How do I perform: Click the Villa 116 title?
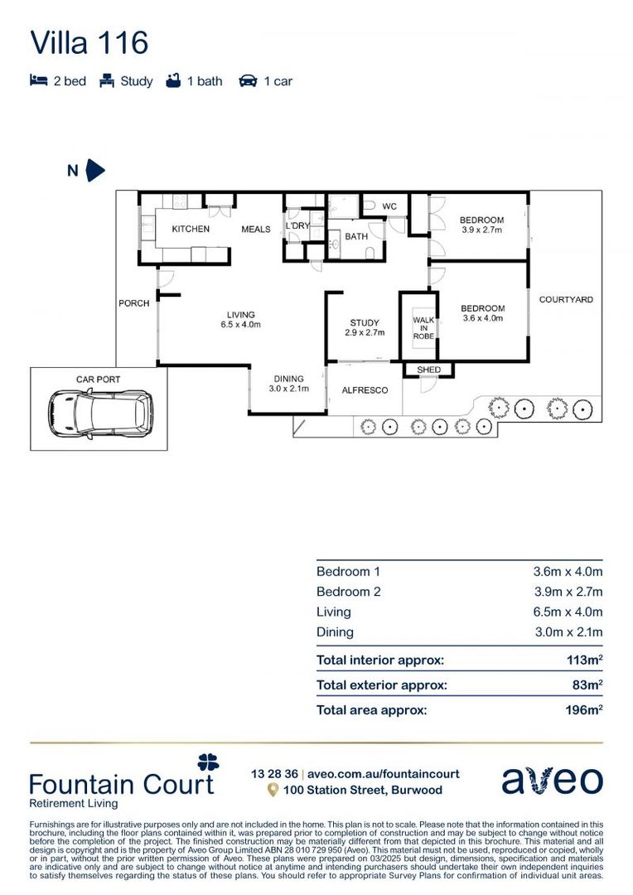click(x=89, y=42)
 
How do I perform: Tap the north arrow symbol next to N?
click(x=95, y=171)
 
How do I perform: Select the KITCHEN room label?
click(x=191, y=229)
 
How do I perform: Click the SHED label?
click(x=428, y=370)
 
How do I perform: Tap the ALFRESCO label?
click(x=365, y=389)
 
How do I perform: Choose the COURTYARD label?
click(x=566, y=299)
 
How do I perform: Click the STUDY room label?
click(x=365, y=323)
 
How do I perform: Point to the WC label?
click(x=389, y=206)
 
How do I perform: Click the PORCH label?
click(x=133, y=303)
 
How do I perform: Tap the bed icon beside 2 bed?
click(x=38, y=81)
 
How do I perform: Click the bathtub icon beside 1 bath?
click(x=173, y=81)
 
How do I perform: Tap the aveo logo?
click(x=552, y=781)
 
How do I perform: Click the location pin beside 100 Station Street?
click(x=272, y=791)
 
